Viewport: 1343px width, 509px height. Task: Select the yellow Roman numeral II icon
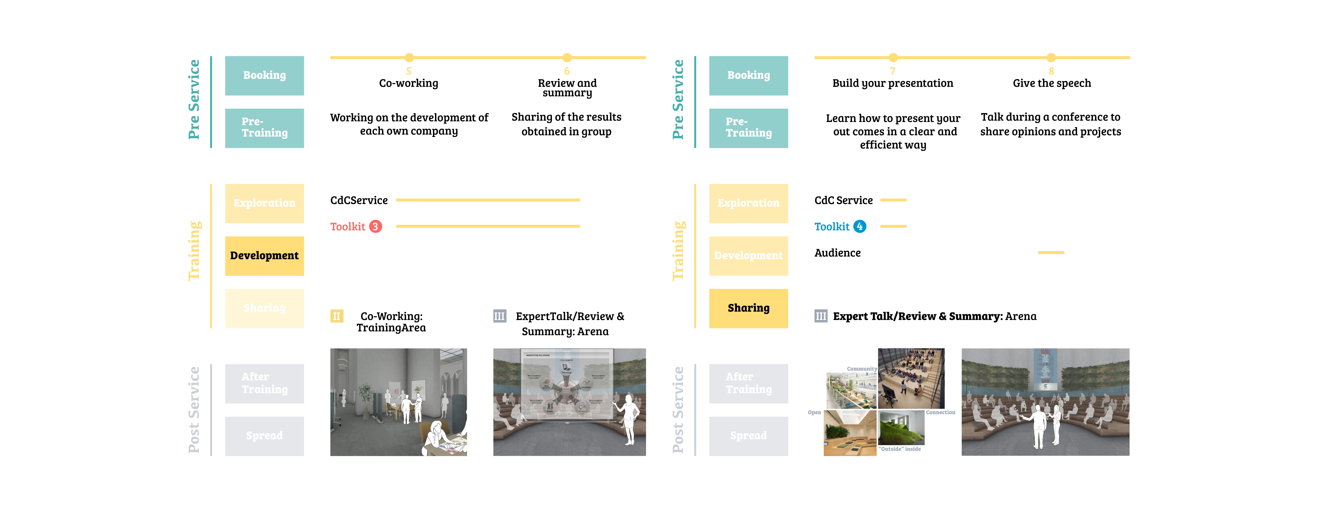point(336,316)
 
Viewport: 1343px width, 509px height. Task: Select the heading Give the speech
point(1052,83)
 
